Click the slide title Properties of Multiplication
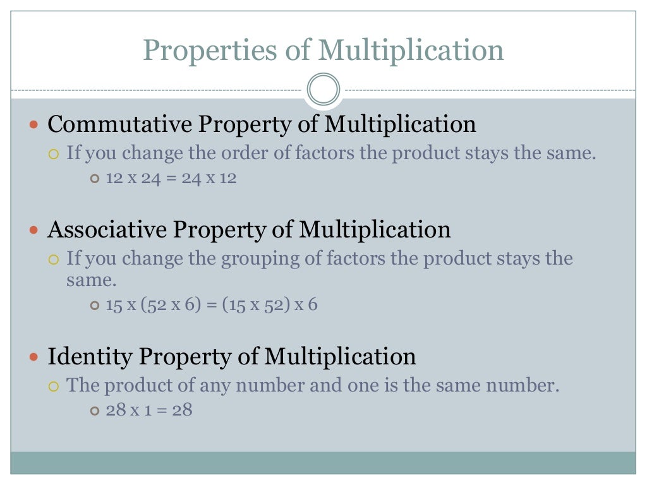323,50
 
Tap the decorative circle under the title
323,89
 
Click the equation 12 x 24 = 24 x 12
171,178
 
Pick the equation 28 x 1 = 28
149,410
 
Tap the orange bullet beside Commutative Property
35,125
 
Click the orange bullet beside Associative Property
35,230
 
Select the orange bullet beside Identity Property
35,357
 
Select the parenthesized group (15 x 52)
255,306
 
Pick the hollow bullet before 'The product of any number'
54,386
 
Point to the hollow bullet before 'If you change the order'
54,153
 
